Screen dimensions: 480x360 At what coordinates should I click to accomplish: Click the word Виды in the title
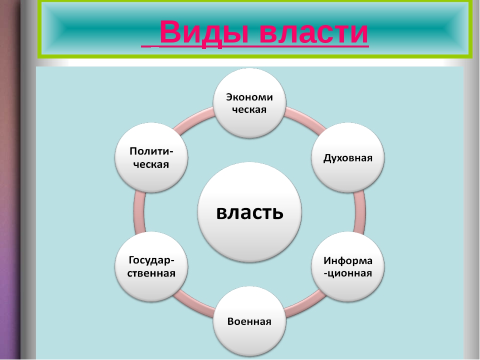tap(204, 32)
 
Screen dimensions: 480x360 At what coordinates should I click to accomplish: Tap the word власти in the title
tap(314, 32)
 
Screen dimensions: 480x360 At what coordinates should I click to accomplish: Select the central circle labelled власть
tap(249, 212)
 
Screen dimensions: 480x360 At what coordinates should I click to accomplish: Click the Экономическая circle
tap(249, 103)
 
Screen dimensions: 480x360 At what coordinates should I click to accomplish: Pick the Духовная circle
tap(348, 157)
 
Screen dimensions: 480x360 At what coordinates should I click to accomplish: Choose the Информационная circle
tap(348, 266)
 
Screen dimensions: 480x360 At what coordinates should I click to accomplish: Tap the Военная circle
tap(249, 321)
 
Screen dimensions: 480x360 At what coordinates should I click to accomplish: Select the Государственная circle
tap(151, 266)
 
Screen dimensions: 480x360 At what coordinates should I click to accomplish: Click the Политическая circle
tap(151, 157)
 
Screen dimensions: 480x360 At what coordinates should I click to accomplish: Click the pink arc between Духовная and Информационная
tap(360, 212)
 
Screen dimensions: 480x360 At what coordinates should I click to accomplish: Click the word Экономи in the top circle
tap(249, 97)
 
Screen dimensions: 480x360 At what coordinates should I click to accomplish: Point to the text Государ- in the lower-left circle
tap(151, 260)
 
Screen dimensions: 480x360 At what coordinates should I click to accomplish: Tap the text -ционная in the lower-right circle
tap(348, 273)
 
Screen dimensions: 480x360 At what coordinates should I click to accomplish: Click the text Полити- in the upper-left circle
tap(151, 151)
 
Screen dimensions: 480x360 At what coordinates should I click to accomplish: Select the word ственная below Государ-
tap(151, 273)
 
